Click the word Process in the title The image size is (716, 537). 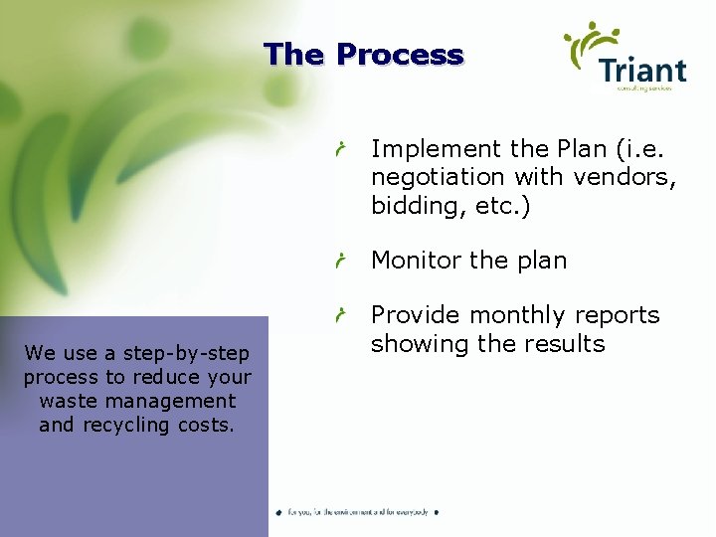(400, 55)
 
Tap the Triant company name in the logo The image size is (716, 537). (642, 71)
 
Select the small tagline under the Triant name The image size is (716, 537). (644, 89)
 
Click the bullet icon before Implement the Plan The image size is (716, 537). (340, 150)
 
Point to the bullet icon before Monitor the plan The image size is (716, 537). (340, 262)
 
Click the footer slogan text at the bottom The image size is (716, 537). (358, 512)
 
